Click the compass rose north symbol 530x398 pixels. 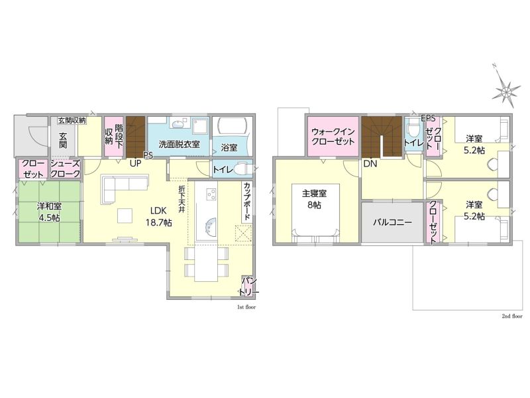[505, 89]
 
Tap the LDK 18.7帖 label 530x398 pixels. [158, 217]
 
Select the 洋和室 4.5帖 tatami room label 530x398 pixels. [49, 212]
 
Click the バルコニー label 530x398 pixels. [392, 223]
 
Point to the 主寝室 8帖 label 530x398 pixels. [314, 200]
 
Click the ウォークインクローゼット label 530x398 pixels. [333, 137]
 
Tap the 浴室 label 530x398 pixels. [229, 148]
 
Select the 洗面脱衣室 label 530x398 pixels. [179, 145]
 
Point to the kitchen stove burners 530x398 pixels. [211, 194]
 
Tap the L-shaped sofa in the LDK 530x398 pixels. [125, 188]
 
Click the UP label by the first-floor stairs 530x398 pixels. [136, 163]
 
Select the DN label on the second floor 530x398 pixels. [370, 164]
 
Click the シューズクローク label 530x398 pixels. [65, 169]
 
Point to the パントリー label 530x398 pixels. [249, 287]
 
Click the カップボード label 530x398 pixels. [246, 202]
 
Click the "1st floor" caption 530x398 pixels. [246, 307]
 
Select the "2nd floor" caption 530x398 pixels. [511, 316]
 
